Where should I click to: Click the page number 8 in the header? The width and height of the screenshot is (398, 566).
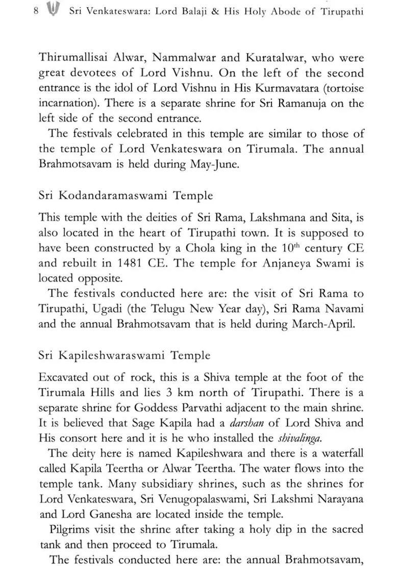(36, 11)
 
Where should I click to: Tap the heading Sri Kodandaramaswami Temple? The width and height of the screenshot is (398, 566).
(126, 196)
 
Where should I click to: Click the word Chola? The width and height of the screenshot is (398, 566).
(204, 248)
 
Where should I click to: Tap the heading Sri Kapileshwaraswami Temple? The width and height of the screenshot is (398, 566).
(124, 355)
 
